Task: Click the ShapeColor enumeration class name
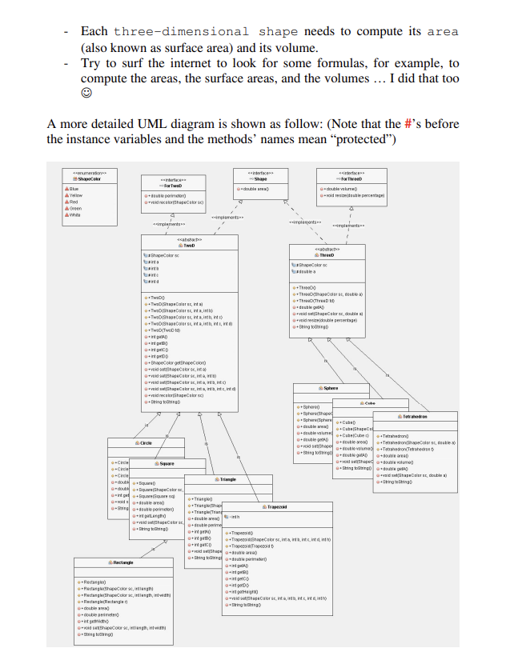[88, 179]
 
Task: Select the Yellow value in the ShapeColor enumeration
[75, 195]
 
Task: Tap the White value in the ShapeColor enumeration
[74, 214]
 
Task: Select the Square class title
[167, 463]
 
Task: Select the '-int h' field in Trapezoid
[235, 518]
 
